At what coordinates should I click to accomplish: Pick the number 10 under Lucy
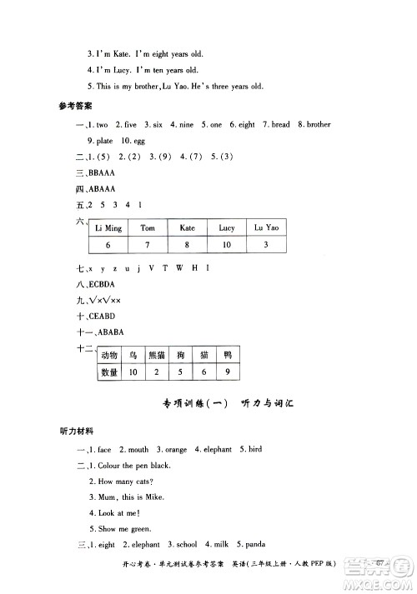[x=226, y=245]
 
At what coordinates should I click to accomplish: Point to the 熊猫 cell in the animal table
[x=157, y=356]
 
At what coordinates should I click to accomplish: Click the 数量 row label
[x=109, y=372]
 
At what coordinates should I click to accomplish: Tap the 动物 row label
[x=109, y=356]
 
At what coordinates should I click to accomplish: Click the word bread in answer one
[x=279, y=125]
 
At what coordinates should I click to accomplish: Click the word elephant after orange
[x=214, y=450]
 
